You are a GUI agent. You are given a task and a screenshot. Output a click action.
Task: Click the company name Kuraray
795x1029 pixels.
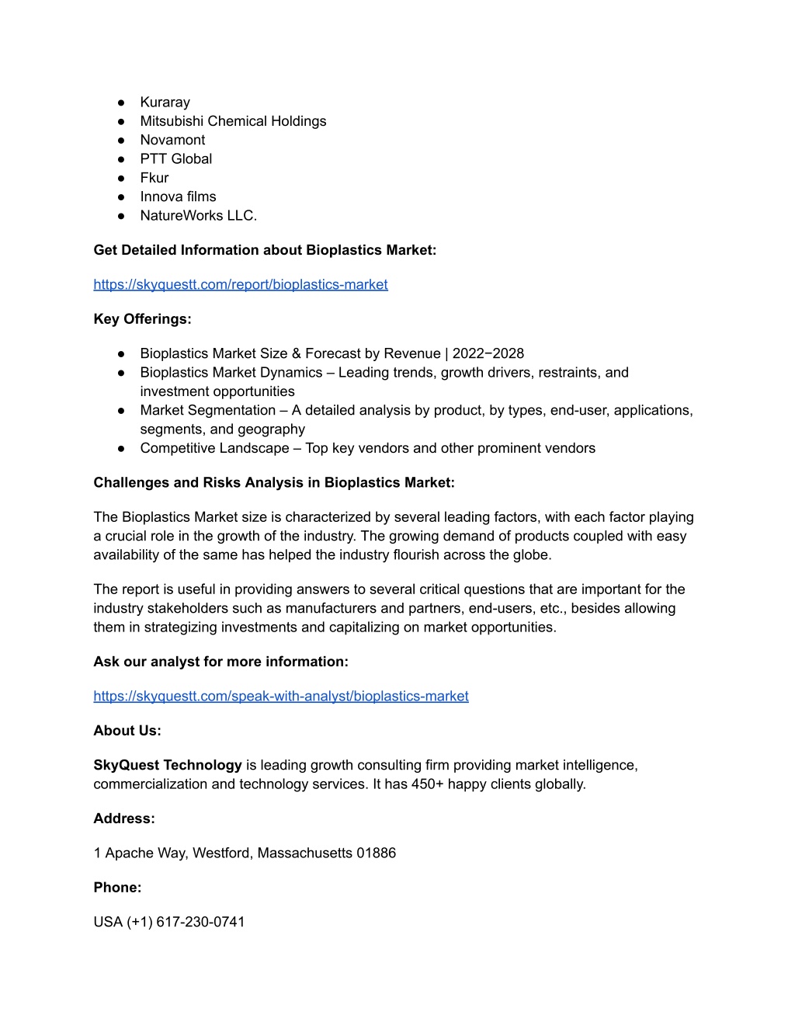(x=165, y=103)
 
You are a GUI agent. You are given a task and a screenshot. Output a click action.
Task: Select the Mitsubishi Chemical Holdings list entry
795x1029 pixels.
(x=233, y=121)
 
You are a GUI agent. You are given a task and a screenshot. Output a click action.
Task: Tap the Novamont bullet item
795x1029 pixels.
(x=172, y=140)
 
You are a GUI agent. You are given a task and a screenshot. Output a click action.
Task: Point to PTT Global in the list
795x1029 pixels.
(x=175, y=159)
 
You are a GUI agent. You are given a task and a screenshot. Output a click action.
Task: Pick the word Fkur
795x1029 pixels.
(x=154, y=178)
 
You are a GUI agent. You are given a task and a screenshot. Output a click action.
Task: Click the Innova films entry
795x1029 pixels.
(x=178, y=196)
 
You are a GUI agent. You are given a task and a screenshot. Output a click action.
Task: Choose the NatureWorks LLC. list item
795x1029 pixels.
(x=198, y=216)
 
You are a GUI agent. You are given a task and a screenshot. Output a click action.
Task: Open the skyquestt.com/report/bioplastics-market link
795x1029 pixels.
(x=240, y=285)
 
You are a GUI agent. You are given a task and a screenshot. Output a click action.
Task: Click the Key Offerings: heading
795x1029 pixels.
(x=142, y=319)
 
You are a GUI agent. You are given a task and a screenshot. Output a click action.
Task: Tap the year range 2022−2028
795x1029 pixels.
(x=488, y=354)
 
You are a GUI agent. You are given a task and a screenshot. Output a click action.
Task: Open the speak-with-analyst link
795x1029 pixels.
(x=280, y=697)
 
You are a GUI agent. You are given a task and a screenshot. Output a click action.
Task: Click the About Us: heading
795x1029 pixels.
(x=127, y=731)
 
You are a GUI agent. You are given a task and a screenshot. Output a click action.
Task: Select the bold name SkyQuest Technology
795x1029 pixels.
(x=168, y=766)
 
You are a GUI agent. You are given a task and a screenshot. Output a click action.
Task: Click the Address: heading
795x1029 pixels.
(x=124, y=819)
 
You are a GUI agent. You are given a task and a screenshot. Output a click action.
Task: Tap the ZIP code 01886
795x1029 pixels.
(x=376, y=853)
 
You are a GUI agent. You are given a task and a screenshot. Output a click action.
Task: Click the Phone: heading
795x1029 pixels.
(x=117, y=888)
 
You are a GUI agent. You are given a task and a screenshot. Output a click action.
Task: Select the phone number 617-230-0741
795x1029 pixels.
(x=200, y=923)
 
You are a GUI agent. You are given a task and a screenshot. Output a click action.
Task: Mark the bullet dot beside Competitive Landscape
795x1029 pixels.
(x=122, y=449)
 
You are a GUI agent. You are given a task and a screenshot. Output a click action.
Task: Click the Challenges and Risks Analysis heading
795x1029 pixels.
(x=273, y=483)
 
